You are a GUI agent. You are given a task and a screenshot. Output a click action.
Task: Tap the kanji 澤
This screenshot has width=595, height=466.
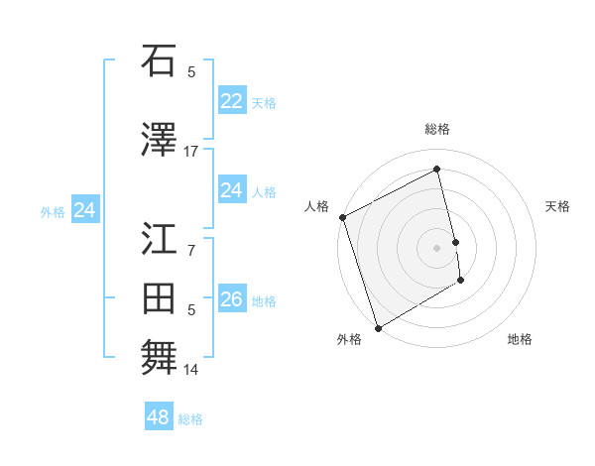159,141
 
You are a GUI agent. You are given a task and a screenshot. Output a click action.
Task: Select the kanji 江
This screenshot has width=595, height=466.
159,239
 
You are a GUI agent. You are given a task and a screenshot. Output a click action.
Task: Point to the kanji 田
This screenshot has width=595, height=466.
159,299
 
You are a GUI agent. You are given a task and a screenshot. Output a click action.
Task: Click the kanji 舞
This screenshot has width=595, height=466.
159,359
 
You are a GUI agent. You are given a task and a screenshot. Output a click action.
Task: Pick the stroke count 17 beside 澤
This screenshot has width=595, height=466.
190,152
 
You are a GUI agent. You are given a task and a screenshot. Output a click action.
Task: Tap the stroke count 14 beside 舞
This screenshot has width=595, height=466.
191,370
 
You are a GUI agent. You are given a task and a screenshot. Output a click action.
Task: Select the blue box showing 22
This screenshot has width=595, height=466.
232,101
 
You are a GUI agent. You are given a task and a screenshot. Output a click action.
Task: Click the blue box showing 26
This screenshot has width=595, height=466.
232,299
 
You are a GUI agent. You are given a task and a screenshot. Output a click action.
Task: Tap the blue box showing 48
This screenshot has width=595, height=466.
159,417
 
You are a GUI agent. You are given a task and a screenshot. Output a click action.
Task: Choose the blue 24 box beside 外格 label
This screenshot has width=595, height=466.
85,210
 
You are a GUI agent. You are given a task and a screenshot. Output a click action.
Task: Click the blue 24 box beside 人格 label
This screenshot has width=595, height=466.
232,190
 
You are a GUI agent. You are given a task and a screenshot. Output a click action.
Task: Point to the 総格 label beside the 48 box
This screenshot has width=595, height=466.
190,419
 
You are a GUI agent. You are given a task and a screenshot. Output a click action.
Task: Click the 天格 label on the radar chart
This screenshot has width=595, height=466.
558,206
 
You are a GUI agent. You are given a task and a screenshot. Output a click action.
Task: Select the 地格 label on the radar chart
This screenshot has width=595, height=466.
520,339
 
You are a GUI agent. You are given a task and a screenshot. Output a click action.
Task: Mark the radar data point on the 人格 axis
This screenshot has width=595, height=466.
342,217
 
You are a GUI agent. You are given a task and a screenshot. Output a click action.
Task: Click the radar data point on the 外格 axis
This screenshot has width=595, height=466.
377,327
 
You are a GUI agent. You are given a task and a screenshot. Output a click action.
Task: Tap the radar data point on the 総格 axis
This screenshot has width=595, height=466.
437,169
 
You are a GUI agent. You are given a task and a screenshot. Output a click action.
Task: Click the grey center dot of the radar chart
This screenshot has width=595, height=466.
437,247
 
